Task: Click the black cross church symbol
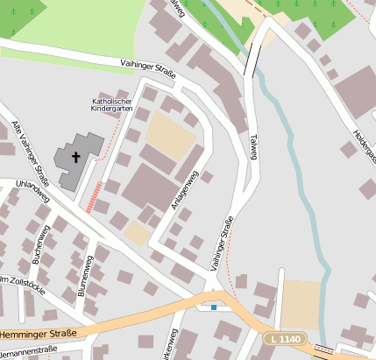tap(75, 158)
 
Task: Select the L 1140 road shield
tap(286, 339)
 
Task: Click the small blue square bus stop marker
tap(214, 307)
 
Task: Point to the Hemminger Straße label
tap(39, 334)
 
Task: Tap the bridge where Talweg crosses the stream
tap(252, 60)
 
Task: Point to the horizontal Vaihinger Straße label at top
tap(148, 69)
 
